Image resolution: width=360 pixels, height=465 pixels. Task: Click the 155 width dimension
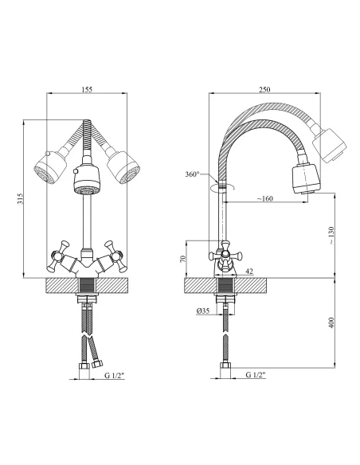87,89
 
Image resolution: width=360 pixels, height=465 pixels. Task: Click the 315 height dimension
20,199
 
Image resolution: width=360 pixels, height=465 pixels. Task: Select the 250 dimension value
264,89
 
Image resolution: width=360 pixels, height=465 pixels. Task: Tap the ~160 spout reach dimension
264,198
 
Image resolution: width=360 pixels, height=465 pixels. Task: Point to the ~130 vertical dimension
331,236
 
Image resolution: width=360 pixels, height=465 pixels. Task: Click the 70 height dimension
182,259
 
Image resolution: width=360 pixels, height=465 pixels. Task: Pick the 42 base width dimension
249,271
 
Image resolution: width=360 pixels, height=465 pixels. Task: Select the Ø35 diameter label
203,311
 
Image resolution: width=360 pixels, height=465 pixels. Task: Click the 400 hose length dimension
331,322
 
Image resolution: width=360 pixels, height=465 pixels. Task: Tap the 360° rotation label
192,174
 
